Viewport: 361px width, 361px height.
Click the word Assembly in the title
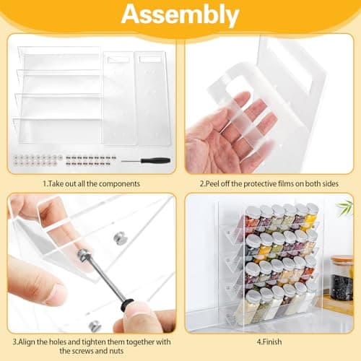point(180,15)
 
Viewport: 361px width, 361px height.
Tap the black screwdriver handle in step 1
point(155,160)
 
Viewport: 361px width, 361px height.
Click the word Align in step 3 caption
point(27,342)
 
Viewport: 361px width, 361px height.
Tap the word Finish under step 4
point(271,342)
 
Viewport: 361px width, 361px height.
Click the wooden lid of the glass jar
point(342,261)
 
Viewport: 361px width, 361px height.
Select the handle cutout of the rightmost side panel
point(150,59)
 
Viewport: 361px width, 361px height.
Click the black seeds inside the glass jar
point(342,287)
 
